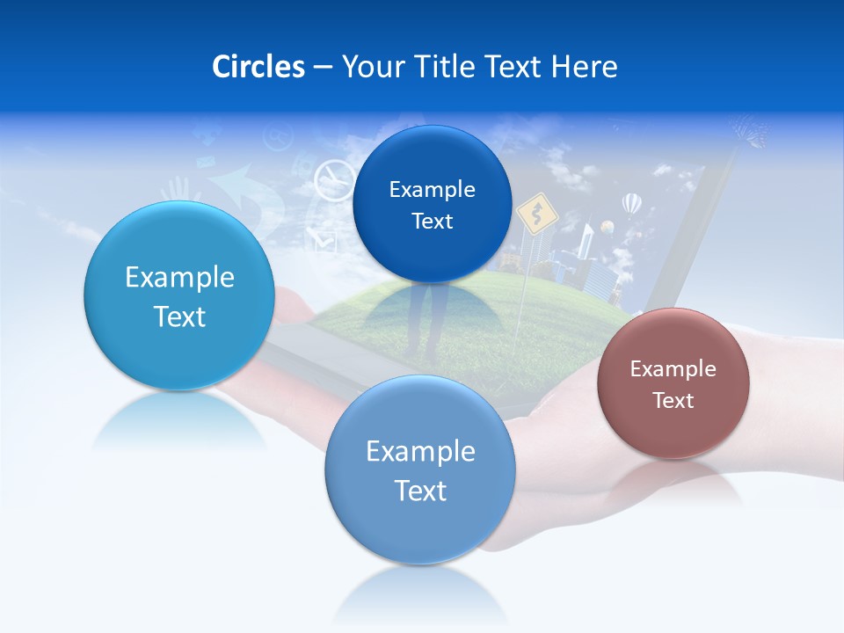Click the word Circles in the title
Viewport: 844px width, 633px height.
point(258,66)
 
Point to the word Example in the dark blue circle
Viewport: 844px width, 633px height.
point(432,189)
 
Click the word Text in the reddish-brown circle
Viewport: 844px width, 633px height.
point(673,400)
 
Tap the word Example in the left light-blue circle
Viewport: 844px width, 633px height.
point(179,277)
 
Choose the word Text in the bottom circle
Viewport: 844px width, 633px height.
point(420,490)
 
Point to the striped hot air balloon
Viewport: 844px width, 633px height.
point(631,204)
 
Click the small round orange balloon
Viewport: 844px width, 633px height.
point(607,227)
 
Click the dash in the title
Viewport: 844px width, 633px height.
point(322,67)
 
